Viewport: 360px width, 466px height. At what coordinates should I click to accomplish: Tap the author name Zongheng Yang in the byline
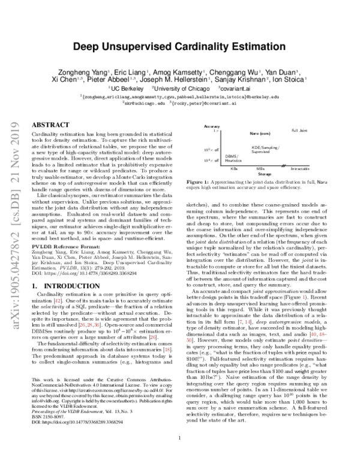click(x=92, y=69)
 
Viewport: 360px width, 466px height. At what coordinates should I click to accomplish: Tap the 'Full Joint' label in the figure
click(x=299, y=130)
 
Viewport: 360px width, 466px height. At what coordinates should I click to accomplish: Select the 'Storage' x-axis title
click(x=265, y=174)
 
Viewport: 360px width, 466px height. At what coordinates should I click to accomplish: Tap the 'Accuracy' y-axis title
click(x=212, y=127)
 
